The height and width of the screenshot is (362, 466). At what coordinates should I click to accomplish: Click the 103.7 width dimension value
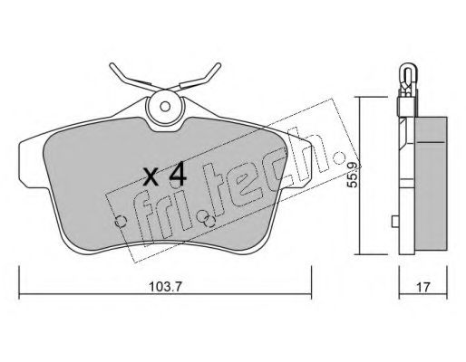coord(165,287)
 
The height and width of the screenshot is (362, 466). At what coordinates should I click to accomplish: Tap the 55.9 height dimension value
coord(353,175)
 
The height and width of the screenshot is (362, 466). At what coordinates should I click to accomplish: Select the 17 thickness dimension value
coord(423,287)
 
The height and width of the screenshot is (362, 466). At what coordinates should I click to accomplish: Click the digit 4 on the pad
coord(177,174)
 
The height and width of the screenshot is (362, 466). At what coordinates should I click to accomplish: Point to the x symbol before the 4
coord(150,176)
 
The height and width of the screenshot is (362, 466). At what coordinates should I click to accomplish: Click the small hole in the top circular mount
coord(165,107)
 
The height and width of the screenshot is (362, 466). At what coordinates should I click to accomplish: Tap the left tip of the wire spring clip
coord(112,64)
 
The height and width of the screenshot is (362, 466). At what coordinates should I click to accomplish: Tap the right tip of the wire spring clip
coord(219,64)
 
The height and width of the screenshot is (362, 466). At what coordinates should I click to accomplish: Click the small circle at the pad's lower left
coord(121,222)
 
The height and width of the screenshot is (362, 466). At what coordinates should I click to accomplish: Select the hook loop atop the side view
coord(408,72)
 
